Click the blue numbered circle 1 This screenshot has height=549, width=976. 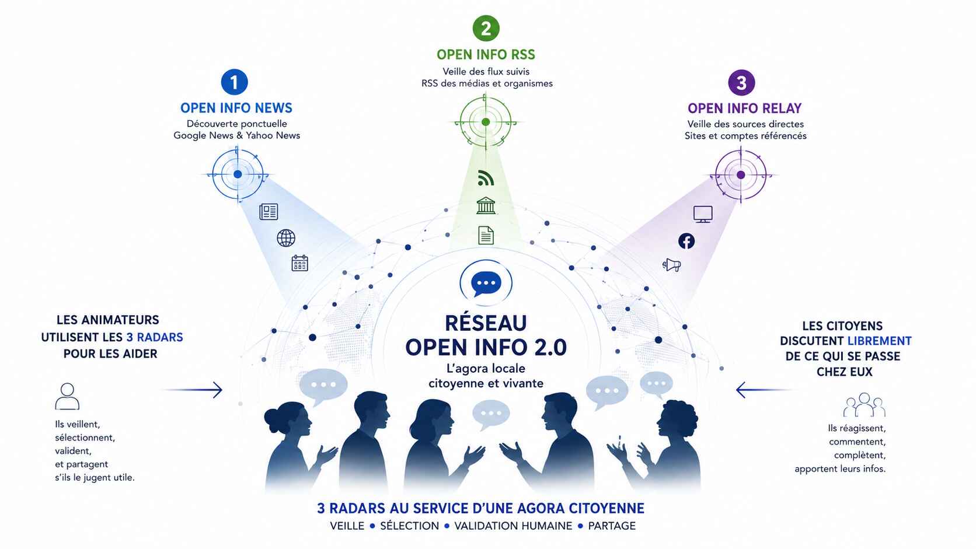tap(235, 82)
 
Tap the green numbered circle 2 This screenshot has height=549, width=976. tap(486, 29)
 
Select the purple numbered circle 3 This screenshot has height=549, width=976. tap(741, 83)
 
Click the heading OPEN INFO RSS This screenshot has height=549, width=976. tap(486, 55)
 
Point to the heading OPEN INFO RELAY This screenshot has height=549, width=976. tap(745, 108)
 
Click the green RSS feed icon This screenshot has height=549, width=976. tap(486, 177)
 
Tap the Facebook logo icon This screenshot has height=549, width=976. tap(686, 241)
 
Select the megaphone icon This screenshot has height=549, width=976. tap(671, 265)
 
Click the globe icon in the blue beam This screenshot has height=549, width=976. tap(286, 238)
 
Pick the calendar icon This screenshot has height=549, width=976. tap(300, 263)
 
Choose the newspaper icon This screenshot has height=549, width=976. tap(269, 212)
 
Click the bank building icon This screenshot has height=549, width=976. tap(486, 205)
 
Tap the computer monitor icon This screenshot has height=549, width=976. tap(703, 214)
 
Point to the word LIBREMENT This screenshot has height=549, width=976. tap(879, 341)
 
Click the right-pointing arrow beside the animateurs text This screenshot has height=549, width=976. tap(194, 390)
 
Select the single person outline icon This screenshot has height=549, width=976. tap(67, 396)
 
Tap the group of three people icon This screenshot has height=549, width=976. tap(865, 405)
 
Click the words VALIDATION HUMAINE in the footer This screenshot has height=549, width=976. tap(513, 526)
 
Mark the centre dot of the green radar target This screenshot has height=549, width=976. tap(486, 123)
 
